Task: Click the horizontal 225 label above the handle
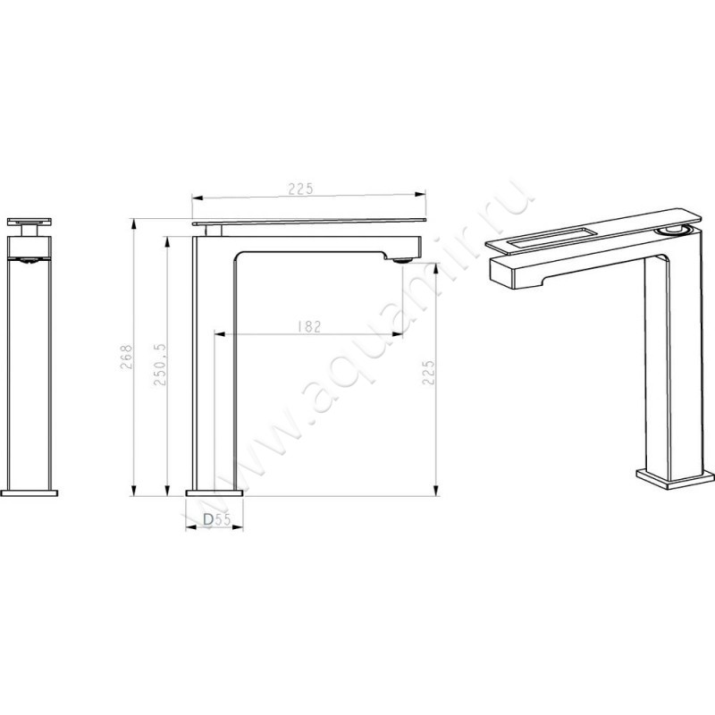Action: pos(299,189)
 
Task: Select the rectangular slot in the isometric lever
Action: pos(551,236)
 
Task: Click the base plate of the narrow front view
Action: pos(30,491)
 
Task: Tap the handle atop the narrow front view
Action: pos(30,221)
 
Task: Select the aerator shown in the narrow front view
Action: pos(30,261)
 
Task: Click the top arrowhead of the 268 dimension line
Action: pos(132,221)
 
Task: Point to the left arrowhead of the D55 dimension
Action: pos(189,528)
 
